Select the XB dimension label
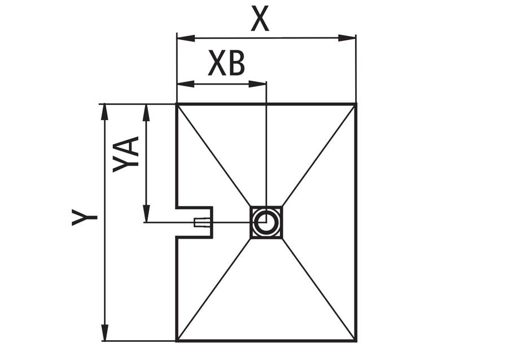[x=226, y=63]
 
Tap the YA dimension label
[x=126, y=155]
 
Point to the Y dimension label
[x=85, y=217]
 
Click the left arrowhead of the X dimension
[x=186, y=38]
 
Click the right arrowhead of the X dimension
[x=347, y=38]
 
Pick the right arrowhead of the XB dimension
[x=257, y=84]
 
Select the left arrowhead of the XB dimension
[x=186, y=84]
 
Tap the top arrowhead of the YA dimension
[x=147, y=113]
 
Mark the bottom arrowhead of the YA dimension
[x=147, y=213]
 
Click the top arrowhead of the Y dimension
[x=104, y=113]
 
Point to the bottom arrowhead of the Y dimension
[x=104, y=332]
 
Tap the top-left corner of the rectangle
[x=177, y=104]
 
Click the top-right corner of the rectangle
[x=356, y=104]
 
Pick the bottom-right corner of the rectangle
[x=356, y=341]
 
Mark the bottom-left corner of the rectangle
[x=177, y=341]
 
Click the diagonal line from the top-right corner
[x=319, y=155]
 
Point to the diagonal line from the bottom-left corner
[x=214, y=289]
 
